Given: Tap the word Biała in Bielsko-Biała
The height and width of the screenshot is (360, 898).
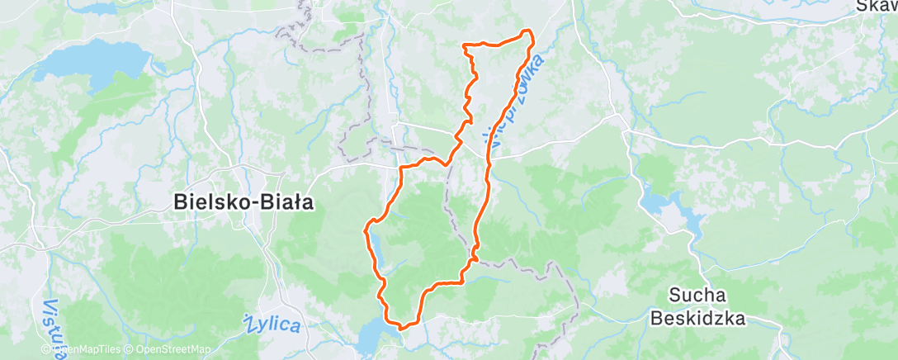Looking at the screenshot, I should [x=283, y=202].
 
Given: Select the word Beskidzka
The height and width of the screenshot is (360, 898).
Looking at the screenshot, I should [x=697, y=317].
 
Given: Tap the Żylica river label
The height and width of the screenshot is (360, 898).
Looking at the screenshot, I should [x=273, y=323].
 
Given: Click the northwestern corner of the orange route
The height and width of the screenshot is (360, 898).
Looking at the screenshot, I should [x=466, y=45].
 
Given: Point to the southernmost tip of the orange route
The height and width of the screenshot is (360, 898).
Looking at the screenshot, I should [x=402, y=327].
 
